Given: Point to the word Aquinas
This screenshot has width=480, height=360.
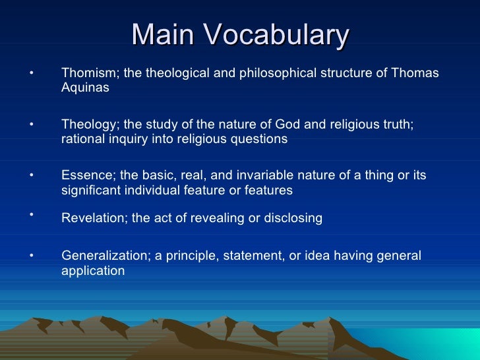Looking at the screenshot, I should [x=85, y=88].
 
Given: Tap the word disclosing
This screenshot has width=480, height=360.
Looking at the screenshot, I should [x=291, y=219].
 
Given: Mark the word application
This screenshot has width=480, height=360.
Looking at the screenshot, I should [x=93, y=271].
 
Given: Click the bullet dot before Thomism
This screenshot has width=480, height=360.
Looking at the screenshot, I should [x=31, y=72].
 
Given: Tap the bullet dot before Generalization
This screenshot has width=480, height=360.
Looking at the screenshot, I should [x=31, y=255].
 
